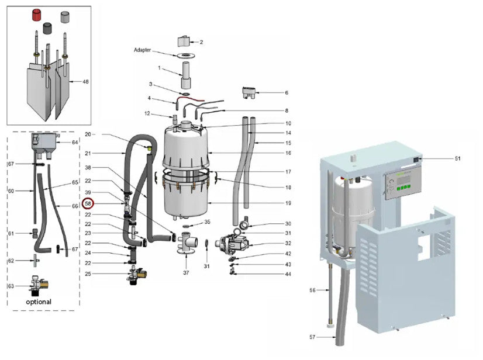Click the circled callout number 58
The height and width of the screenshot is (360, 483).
click(88, 203)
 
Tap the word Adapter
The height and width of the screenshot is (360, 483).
click(142, 50)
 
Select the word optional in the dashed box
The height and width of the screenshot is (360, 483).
click(39, 302)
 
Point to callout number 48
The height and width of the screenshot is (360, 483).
click(85, 82)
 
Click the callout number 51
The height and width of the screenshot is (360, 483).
click(458, 158)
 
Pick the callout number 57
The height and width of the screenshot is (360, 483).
click(312, 337)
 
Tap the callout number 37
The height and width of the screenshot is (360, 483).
click(186, 272)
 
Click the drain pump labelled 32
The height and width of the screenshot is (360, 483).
click(233, 243)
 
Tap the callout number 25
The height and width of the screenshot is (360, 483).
click(88, 274)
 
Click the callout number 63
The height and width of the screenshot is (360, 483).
click(11, 286)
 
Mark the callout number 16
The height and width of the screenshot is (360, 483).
click(288, 153)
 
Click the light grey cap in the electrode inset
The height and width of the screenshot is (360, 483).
click(65, 18)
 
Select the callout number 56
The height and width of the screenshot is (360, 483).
click(312, 290)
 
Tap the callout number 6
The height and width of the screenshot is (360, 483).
click(287, 93)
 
